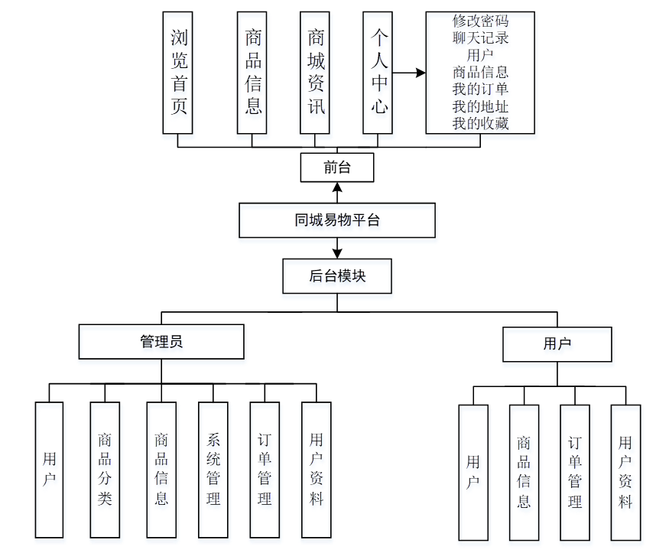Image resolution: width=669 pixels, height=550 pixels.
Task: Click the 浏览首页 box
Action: click(x=178, y=73)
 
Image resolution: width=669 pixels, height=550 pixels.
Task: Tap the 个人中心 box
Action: click(x=379, y=73)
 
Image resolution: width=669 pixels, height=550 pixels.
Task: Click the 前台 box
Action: click(x=337, y=168)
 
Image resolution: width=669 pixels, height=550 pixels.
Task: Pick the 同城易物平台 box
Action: click(x=337, y=220)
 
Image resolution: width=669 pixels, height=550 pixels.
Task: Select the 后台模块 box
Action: click(x=337, y=276)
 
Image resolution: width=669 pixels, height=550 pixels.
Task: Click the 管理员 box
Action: click(x=161, y=342)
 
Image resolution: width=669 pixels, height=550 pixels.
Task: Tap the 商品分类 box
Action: click(x=105, y=469)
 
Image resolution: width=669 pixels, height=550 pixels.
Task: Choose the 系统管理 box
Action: click(x=213, y=469)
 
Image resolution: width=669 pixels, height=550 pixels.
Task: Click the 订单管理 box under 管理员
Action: click(x=265, y=469)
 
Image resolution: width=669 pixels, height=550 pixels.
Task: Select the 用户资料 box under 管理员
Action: click(x=317, y=469)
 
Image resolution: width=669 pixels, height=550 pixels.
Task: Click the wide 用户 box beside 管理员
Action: click(x=557, y=344)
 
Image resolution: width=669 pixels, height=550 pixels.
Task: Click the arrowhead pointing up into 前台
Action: click(x=337, y=187)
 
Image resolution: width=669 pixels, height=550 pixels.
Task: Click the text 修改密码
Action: click(x=480, y=21)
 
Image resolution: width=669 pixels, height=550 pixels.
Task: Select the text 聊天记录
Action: click(x=480, y=37)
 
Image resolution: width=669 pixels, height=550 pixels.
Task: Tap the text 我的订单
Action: click(x=480, y=89)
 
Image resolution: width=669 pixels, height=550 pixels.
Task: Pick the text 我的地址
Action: click(x=480, y=106)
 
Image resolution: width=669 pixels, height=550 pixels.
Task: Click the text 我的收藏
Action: click(x=480, y=123)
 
